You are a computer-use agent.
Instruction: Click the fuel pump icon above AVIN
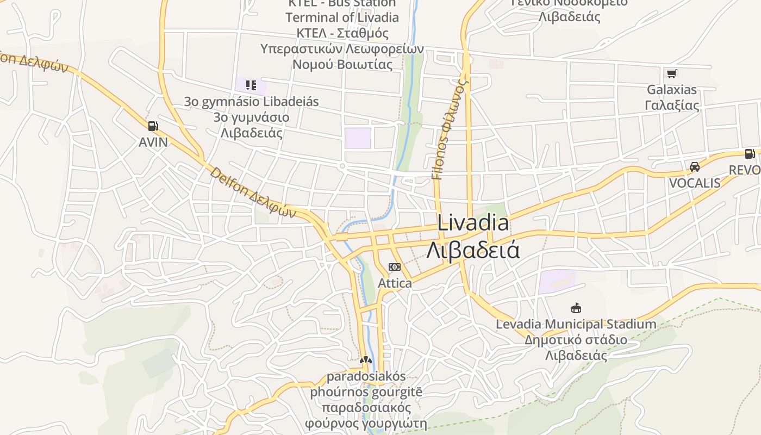pyautogui.click(x=153, y=126)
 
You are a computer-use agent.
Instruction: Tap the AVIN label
pyautogui.click(x=153, y=142)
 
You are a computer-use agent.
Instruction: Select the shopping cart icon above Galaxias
pyautogui.click(x=671, y=73)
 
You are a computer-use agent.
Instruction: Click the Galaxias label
pyautogui.click(x=672, y=90)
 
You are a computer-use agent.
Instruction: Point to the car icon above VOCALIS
pyautogui.click(x=694, y=167)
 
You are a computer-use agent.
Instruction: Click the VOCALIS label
pyautogui.click(x=694, y=183)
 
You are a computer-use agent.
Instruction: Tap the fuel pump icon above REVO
pyautogui.click(x=750, y=154)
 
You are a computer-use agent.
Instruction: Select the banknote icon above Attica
pyautogui.click(x=395, y=267)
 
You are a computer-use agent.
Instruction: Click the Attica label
pyautogui.click(x=395, y=283)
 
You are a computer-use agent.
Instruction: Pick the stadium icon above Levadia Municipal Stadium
pyautogui.click(x=576, y=308)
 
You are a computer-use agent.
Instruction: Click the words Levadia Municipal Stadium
pyautogui.click(x=576, y=325)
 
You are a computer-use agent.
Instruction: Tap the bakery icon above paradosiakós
pyautogui.click(x=365, y=360)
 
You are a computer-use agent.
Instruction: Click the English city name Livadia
pyautogui.click(x=473, y=223)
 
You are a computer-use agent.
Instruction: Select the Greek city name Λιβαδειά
pyautogui.click(x=473, y=250)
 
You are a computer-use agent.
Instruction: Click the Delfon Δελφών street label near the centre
pyautogui.click(x=253, y=193)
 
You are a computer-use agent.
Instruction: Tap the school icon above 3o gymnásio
pyautogui.click(x=251, y=85)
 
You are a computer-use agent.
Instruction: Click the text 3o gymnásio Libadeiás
pyautogui.click(x=251, y=102)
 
